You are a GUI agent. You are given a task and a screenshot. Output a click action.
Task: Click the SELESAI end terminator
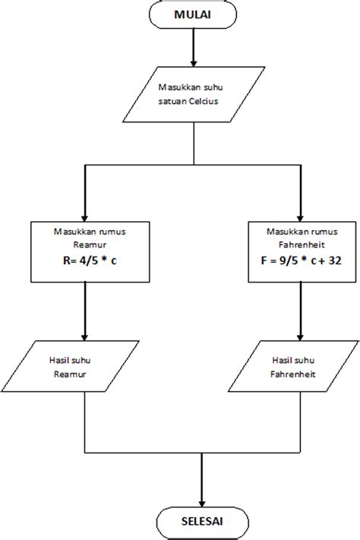pos(201,522)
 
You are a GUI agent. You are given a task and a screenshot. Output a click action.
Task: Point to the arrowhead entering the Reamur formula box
pos(84,213)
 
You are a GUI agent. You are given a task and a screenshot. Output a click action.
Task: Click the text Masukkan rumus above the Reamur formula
pos(84,231)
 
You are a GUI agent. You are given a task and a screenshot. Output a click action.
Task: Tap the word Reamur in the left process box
pos(84,246)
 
